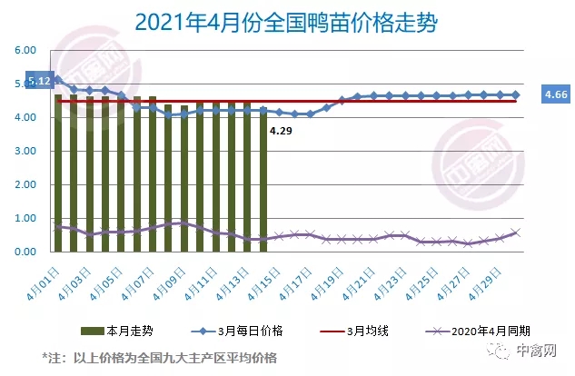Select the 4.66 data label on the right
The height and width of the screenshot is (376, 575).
point(556,94)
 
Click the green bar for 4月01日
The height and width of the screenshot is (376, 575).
point(58,173)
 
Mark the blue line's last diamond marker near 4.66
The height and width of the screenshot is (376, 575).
point(515,94)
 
